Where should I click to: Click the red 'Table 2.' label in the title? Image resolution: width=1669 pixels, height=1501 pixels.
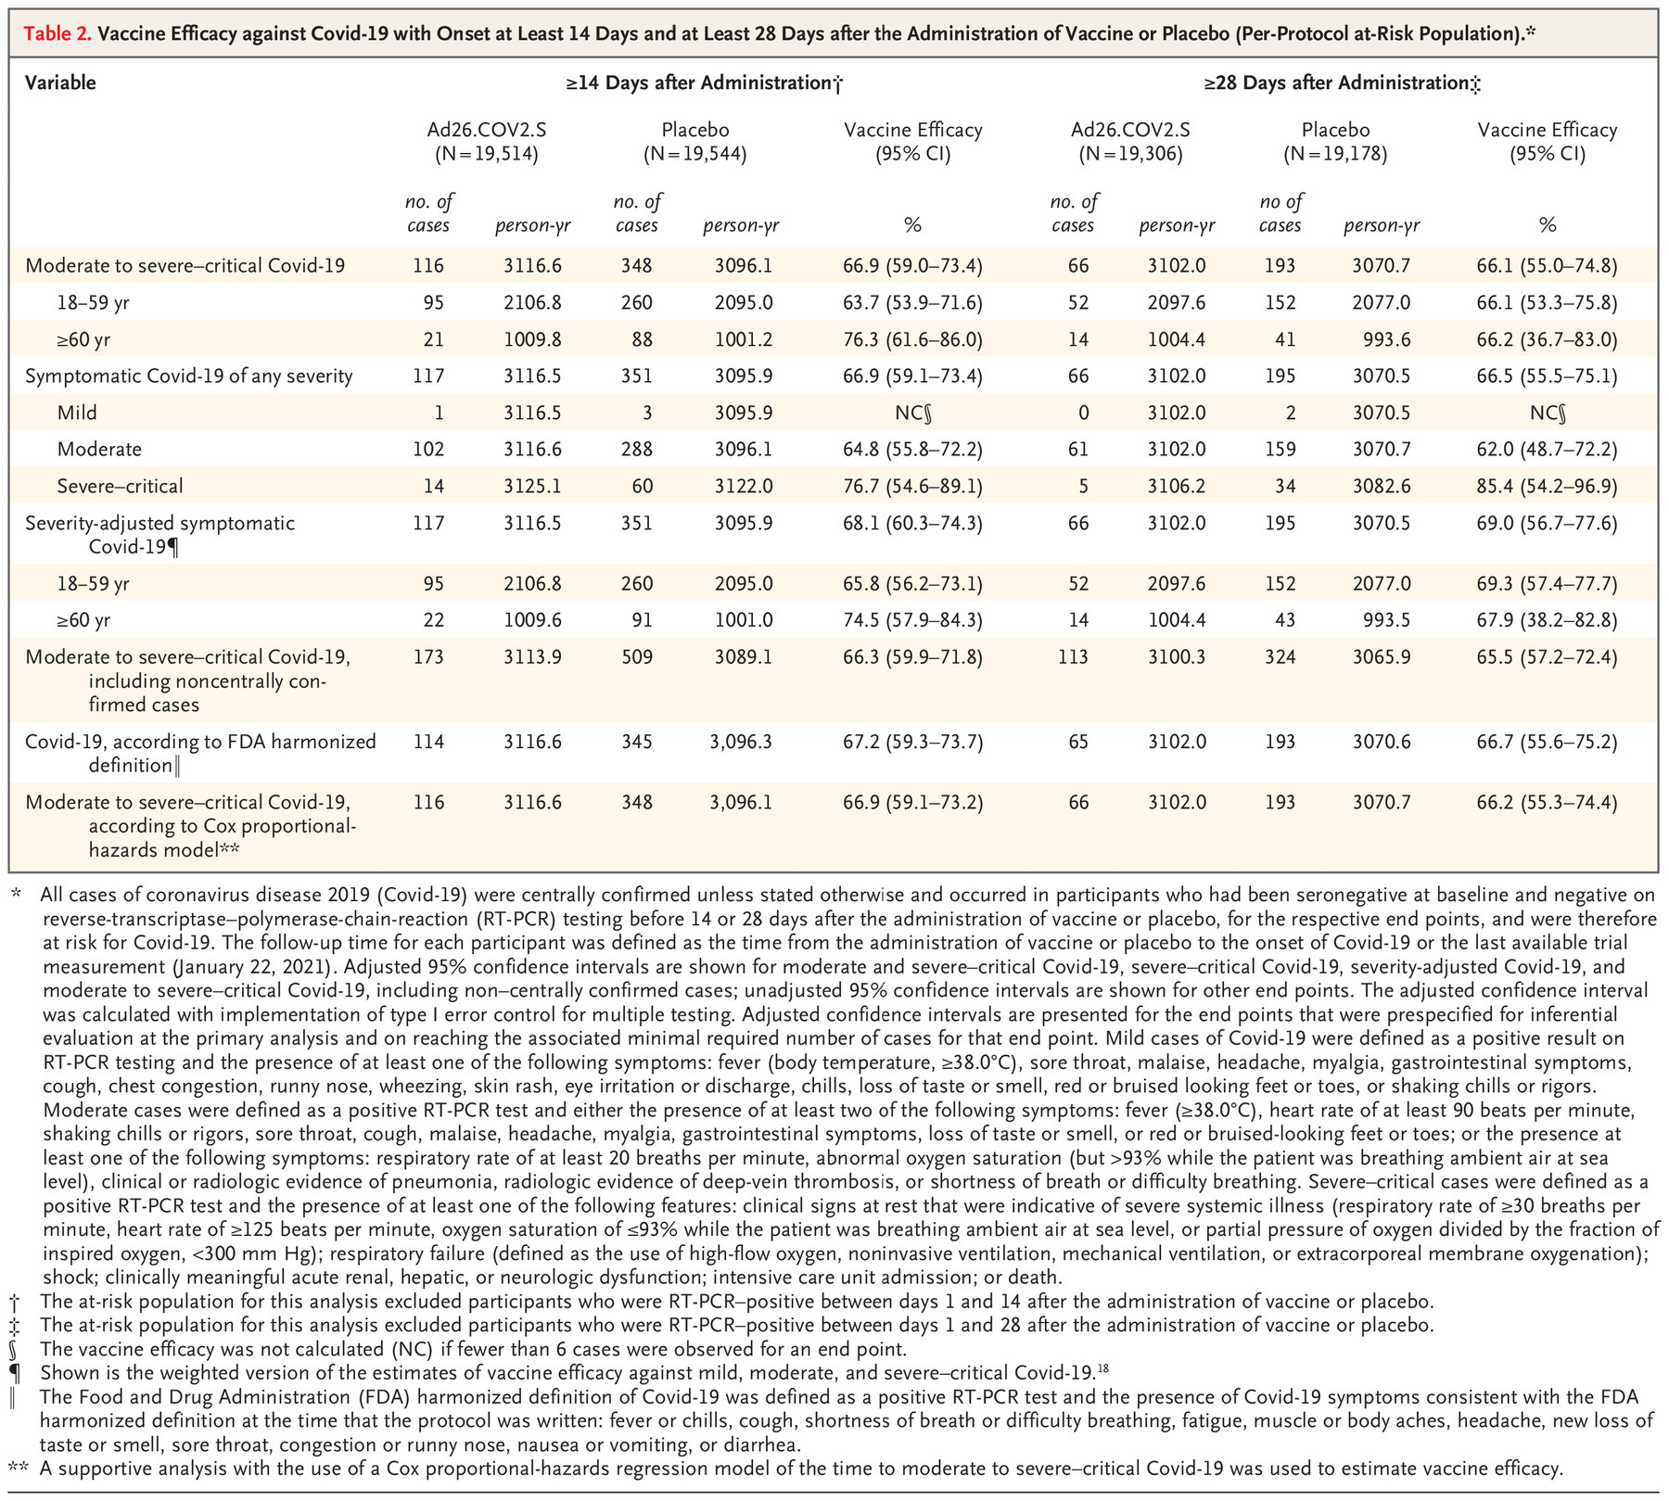tap(57, 34)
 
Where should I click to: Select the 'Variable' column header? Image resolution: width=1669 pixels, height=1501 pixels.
tap(60, 83)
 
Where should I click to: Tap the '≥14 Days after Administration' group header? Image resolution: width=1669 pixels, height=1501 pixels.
tap(703, 83)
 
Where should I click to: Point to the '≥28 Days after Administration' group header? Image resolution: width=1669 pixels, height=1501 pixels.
tap(1341, 83)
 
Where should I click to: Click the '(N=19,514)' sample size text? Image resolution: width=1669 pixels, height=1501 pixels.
tap(486, 154)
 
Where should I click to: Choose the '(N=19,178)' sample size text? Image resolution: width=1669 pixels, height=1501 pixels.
tap(1335, 154)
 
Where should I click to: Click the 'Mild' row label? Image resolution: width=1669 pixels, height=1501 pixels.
tap(76, 413)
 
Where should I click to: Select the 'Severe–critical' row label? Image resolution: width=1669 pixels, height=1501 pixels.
tap(120, 486)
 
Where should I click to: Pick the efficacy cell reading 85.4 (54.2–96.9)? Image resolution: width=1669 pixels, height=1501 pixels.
tap(1547, 486)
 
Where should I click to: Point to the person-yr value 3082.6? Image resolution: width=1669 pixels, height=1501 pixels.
tap(1381, 486)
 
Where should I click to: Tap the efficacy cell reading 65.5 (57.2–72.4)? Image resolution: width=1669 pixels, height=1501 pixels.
tap(1547, 657)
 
